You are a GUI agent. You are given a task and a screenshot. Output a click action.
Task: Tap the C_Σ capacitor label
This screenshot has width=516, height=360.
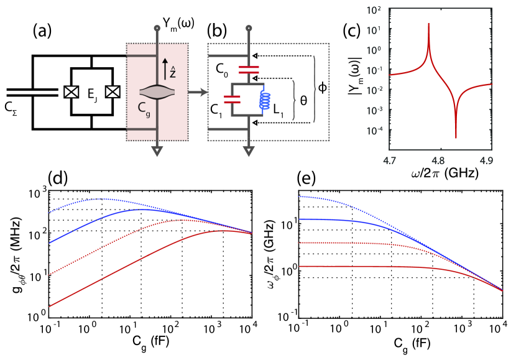(14, 112)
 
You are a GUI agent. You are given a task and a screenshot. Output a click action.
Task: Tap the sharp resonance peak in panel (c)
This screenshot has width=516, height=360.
(429, 26)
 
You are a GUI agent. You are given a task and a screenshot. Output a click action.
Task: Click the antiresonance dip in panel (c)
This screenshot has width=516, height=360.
(456, 136)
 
